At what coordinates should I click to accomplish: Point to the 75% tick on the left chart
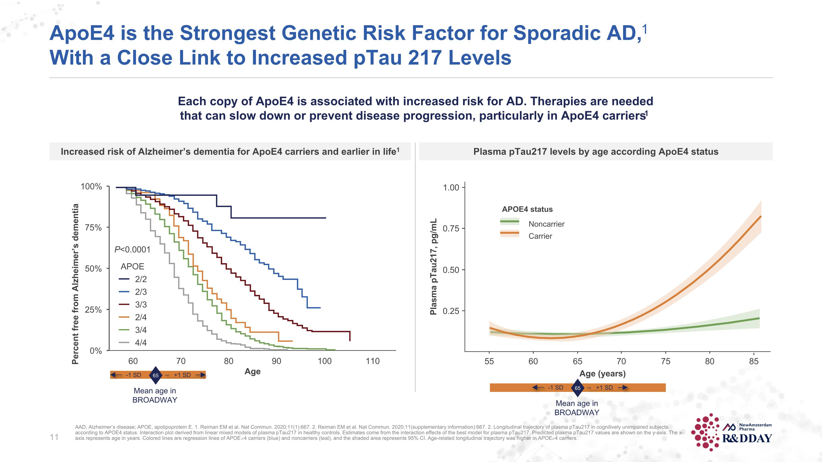point(93,228)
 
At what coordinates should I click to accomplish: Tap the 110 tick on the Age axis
point(372,361)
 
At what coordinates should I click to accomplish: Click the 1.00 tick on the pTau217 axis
point(451,188)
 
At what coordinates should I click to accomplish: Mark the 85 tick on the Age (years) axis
point(754,361)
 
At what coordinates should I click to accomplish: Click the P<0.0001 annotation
point(132,249)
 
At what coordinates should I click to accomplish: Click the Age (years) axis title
point(603,374)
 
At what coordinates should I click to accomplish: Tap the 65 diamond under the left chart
point(156,375)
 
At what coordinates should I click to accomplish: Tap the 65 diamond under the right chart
point(578,388)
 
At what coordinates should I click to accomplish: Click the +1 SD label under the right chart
point(604,388)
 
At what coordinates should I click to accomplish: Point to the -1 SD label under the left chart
point(133,375)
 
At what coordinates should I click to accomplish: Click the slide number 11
point(54,437)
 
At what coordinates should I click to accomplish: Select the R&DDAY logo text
point(747,439)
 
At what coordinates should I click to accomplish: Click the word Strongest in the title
point(227,33)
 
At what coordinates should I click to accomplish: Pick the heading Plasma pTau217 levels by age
point(595,151)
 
